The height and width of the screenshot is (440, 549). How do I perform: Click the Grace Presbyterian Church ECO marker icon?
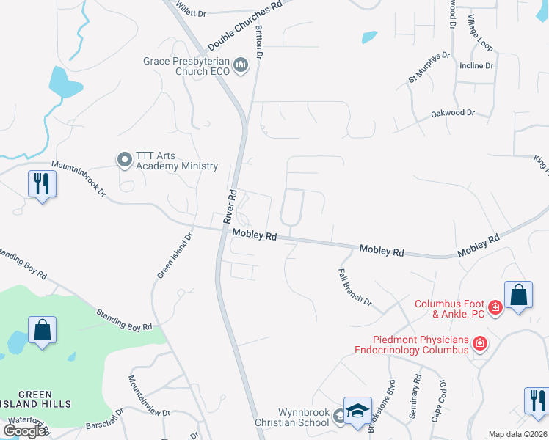tap(241, 67)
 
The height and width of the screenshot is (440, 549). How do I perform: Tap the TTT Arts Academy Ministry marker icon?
tap(124, 159)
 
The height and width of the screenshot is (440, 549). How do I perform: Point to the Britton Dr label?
tap(258, 37)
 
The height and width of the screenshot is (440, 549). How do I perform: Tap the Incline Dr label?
tap(476, 66)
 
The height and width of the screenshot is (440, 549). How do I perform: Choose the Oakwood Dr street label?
tap(453, 114)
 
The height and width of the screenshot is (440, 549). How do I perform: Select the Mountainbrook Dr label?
tap(79, 179)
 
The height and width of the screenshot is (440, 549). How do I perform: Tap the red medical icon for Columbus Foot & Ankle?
tap(495, 307)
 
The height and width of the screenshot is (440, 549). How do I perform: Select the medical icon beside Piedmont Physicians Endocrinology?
tap(480, 342)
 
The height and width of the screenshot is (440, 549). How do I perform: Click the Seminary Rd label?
tap(417, 397)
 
